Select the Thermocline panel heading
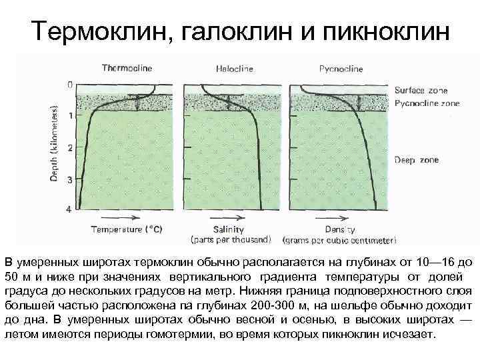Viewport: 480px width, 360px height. [x=127, y=68]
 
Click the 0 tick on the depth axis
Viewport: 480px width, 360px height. [x=70, y=85]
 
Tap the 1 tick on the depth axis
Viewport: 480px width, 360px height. [x=70, y=114]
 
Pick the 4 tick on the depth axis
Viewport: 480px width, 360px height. [x=70, y=210]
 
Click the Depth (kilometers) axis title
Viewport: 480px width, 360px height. [x=57, y=147]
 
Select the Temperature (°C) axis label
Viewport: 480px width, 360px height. [x=126, y=229]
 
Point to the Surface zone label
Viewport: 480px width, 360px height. [x=421, y=91]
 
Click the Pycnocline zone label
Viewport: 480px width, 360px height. [x=427, y=103]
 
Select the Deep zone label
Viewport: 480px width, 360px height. [x=416, y=160]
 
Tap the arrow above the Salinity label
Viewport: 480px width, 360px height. [x=227, y=218]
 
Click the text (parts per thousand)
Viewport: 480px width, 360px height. [x=231, y=239]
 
